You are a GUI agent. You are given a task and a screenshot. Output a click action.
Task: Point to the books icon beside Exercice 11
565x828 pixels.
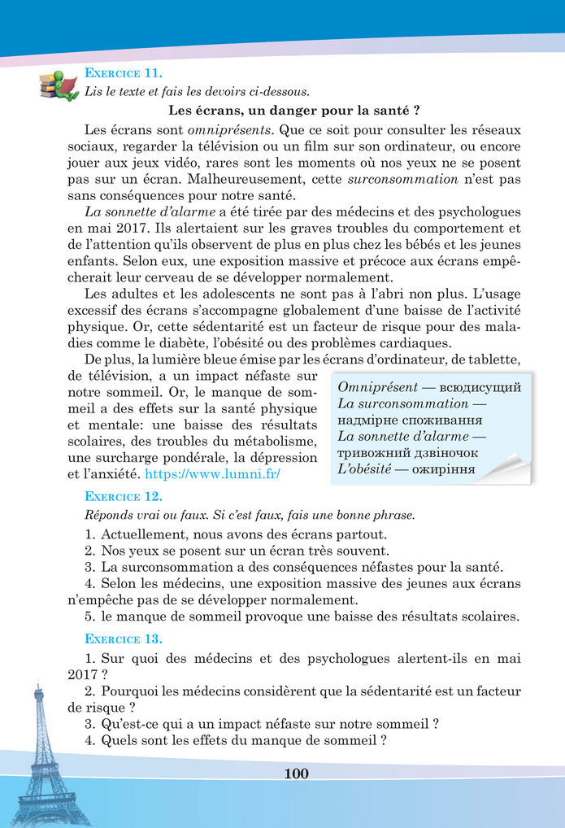(59, 82)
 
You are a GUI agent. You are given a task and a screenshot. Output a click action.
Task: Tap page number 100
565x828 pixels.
(296, 774)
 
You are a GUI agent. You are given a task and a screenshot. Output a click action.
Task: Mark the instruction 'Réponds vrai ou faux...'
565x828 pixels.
(249, 514)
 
